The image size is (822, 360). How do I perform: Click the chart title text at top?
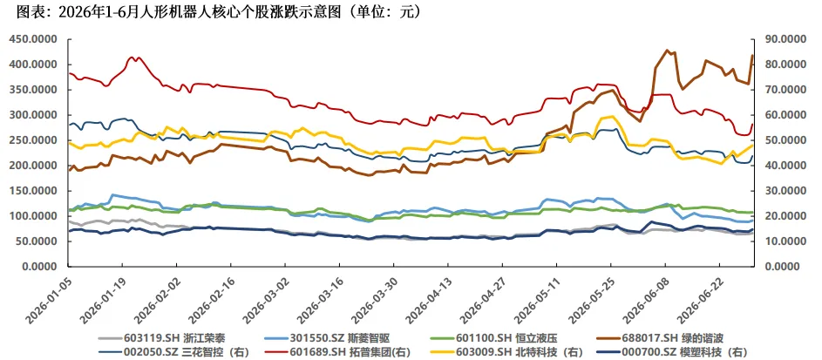[x=219, y=11]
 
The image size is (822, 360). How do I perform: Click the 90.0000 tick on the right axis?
[x=780, y=39]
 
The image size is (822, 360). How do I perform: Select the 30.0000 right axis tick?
[x=780, y=191]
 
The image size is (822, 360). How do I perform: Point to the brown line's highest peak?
[x=667, y=51]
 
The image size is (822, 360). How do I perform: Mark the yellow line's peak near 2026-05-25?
[x=611, y=116]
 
